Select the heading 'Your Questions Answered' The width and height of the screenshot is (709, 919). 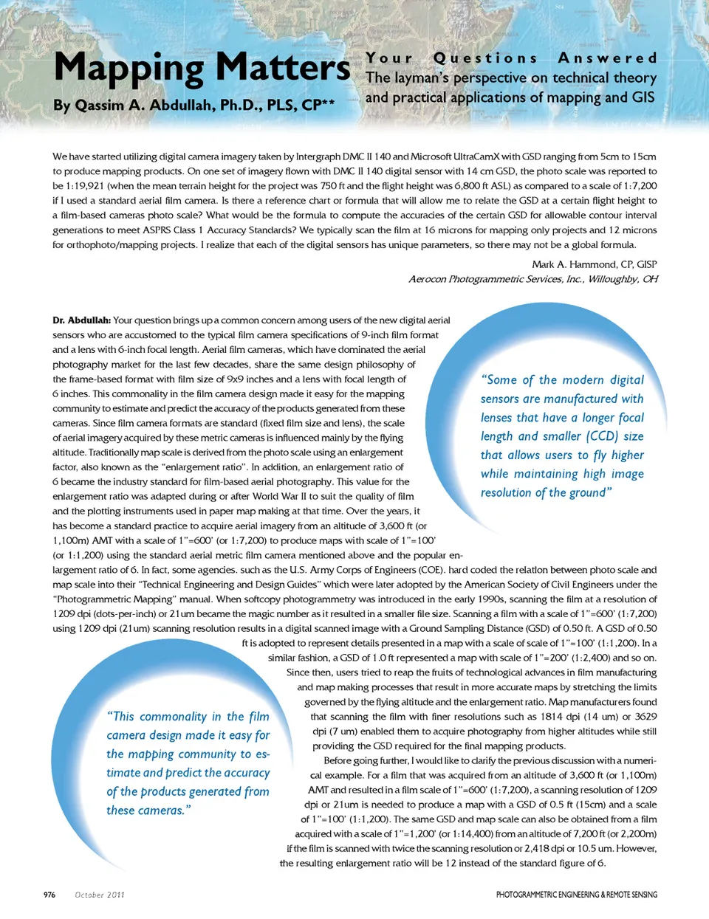[x=510, y=58]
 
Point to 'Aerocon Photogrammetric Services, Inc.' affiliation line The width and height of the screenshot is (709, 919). [x=496, y=279]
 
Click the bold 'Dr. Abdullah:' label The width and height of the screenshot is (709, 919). [x=81, y=320]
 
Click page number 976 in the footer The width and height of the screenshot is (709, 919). [x=49, y=895]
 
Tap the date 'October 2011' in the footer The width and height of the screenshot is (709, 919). [x=100, y=895]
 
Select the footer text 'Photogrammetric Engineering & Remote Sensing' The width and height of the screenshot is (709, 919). [x=576, y=895]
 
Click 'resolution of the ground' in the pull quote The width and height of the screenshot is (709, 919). [x=546, y=492]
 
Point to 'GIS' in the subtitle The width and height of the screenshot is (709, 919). [x=643, y=97]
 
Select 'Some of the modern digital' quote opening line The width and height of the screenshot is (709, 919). [x=562, y=379]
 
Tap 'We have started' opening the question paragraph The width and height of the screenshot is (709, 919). [x=86, y=156]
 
